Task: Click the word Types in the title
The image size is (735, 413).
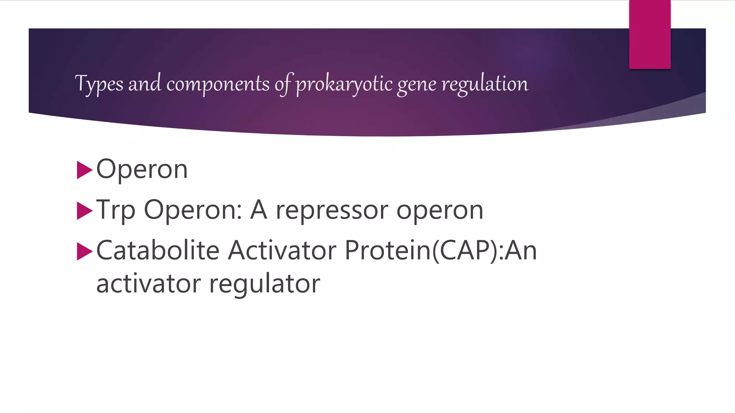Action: tap(99, 84)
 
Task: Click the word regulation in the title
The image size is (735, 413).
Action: tap(485, 84)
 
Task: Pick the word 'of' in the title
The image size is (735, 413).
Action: tap(284, 84)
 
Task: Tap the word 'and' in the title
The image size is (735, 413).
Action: tap(145, 84)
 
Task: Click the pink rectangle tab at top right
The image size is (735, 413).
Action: tap(650, 34)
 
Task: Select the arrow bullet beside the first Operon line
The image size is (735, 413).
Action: tap(85, 170)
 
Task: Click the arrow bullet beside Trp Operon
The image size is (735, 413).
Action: tap(85, 211)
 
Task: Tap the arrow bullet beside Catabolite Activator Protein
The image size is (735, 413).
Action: tap(85, 251)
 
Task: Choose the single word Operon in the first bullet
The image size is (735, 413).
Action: tap(142, 169)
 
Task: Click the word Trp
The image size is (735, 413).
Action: tap(116, 210)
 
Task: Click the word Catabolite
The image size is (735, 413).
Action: tap(158, 250)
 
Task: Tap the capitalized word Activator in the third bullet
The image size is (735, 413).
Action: tap(282, 250)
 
